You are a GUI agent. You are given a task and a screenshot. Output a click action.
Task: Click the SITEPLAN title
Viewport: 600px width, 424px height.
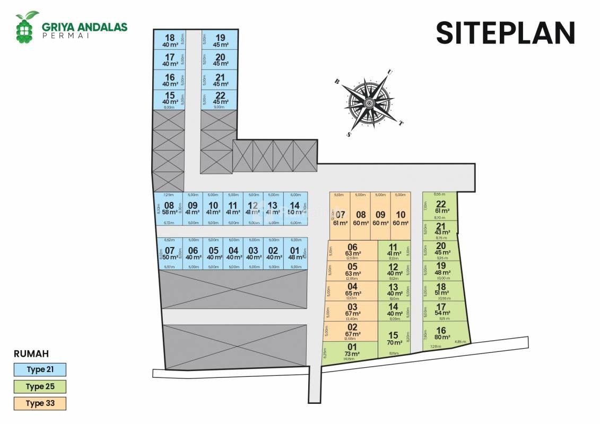point(505,33)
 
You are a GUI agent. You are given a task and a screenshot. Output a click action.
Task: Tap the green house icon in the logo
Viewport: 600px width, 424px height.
point(26,28)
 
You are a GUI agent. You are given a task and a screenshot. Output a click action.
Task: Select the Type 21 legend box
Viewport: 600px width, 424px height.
point(40,369)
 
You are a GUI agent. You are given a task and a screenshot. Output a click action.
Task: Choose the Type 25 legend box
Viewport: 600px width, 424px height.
point(40,386)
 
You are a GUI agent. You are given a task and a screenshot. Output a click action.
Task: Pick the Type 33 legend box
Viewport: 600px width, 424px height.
point(40,403)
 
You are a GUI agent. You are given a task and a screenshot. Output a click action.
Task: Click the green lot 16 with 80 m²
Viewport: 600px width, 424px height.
point(443,334)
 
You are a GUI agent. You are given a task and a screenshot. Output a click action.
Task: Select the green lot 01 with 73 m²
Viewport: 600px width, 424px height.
point(352,352)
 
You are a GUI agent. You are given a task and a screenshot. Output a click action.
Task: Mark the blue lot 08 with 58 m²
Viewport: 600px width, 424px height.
point(169,208)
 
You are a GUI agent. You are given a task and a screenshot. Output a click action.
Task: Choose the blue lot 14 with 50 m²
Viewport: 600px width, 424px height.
point(295,208)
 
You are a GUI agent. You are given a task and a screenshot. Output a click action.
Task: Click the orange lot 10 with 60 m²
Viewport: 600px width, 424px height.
point(401,217)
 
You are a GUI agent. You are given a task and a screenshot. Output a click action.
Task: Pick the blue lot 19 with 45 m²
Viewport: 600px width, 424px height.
point(221,41)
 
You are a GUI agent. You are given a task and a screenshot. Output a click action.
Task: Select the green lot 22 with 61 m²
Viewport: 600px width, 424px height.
point(441,207)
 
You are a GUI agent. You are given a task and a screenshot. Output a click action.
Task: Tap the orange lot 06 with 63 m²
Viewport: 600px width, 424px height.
point(352,250)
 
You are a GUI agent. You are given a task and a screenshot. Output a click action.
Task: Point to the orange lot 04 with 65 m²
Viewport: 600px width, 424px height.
point(352,290)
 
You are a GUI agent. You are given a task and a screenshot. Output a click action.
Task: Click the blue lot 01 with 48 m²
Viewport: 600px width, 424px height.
point(295,254)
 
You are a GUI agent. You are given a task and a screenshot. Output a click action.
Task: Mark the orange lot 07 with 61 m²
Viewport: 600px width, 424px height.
point(340,217)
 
